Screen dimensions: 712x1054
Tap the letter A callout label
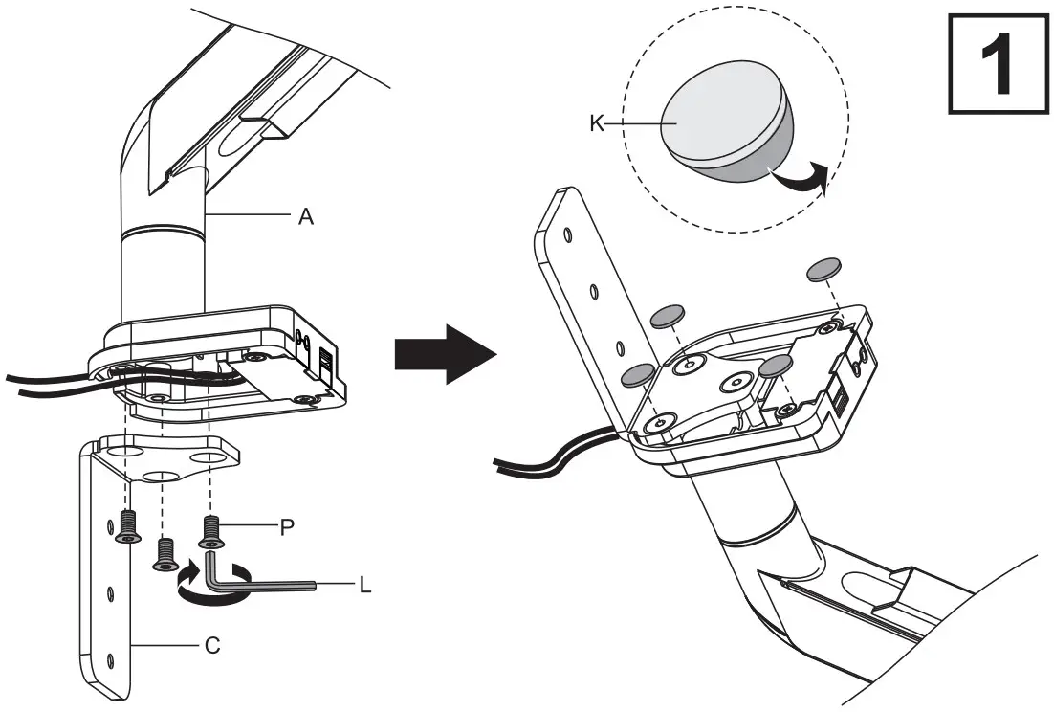pos(306,217)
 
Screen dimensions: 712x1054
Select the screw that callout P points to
pos(211,531)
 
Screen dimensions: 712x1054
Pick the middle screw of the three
pos(165,553)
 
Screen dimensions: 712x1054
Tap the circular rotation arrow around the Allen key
pos(212,583)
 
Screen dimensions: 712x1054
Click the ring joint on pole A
pos(163,231)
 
